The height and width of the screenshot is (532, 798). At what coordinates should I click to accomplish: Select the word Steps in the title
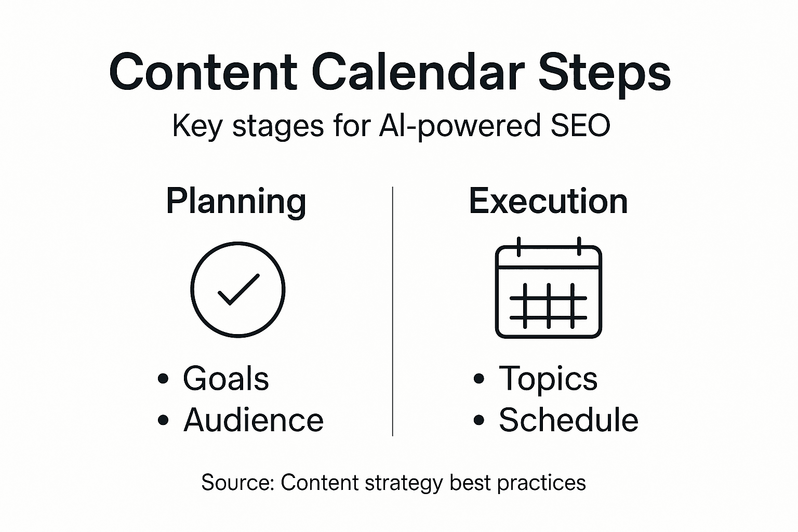604,73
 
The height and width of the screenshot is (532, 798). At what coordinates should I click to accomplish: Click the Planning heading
236,202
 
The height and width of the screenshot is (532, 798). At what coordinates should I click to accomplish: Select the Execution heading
548,202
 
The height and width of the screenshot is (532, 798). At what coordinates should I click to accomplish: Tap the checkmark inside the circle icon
238,289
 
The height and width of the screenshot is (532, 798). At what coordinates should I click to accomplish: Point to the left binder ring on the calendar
518,246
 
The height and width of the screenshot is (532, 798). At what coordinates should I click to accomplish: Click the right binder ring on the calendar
579,246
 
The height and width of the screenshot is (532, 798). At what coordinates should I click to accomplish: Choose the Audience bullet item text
254,420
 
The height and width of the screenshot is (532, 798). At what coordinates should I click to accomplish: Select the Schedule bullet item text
568,420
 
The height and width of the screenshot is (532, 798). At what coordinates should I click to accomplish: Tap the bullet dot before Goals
163,379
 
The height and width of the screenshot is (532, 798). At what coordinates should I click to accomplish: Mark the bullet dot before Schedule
478,420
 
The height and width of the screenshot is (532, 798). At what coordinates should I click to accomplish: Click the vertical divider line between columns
393,312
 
